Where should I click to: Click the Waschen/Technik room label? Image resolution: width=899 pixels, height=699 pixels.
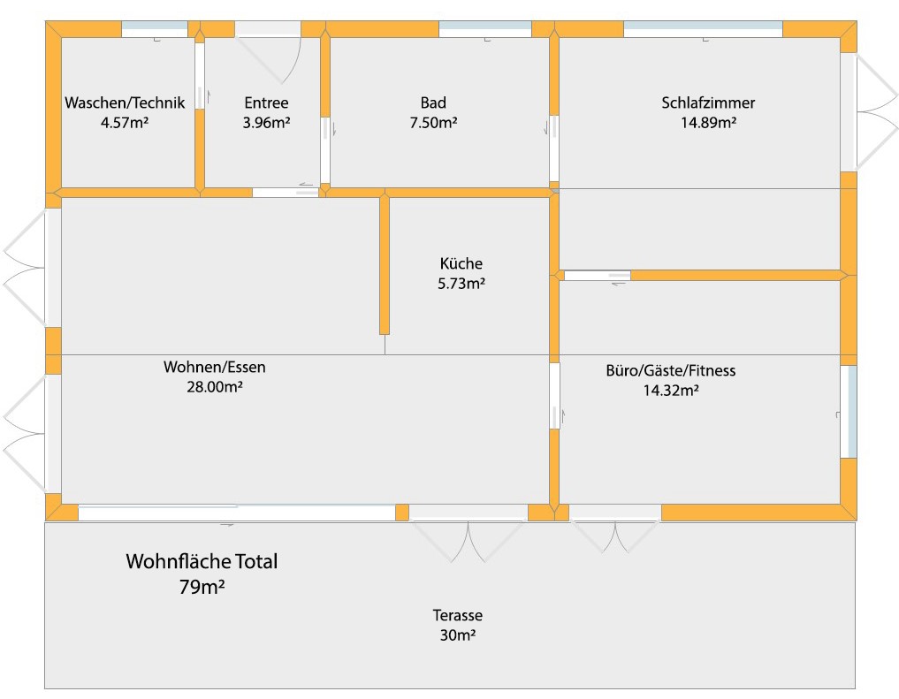point(125,103)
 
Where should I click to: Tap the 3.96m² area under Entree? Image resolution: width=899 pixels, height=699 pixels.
point(266,124)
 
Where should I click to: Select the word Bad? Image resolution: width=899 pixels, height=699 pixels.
point(433,103)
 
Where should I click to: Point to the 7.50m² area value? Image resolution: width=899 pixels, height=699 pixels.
point(433,124)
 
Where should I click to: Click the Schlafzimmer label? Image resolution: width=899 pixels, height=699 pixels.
point(708,103)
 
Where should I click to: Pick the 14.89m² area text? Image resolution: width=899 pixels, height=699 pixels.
point(708,124)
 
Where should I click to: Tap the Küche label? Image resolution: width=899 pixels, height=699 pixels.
point(461,263)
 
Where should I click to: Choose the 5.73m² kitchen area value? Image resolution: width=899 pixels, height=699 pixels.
point(461,284)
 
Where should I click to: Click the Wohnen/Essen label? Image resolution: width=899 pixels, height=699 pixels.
point(215,367)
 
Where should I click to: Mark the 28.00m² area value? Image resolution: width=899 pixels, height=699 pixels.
point(215,386)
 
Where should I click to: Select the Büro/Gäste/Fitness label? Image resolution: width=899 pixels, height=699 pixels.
point(671,370)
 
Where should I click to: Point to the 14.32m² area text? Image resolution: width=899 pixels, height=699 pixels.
point(671,390)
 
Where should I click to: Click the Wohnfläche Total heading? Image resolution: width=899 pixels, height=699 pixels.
point(202,561)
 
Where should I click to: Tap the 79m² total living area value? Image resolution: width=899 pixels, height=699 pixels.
point(202,585)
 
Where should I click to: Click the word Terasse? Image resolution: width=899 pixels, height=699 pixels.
point(457,616)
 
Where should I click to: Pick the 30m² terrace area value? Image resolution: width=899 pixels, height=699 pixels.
point(457,634)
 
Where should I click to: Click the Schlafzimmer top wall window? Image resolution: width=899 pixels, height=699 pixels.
point(703,29)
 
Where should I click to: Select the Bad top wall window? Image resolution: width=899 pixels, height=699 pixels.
point(484,29)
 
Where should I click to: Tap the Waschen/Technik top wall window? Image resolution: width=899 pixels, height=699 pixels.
point(155,29)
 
